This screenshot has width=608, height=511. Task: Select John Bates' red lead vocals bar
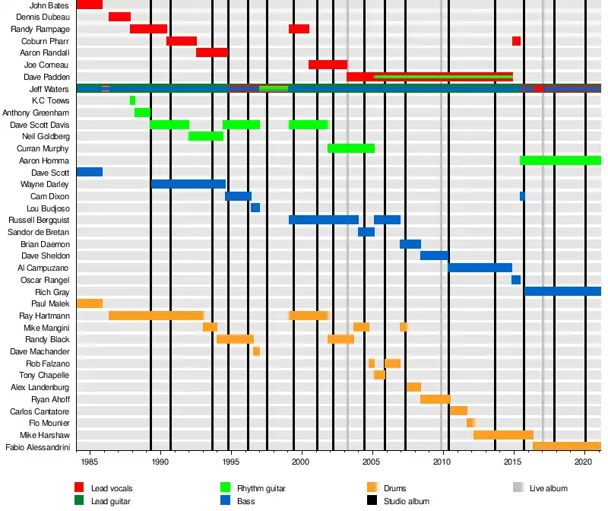click(x=90, y=5)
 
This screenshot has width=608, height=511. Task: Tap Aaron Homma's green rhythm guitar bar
click(x=560, y=160)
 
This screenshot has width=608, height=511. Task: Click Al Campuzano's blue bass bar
click(x=480, y=268)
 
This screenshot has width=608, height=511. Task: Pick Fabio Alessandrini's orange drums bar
click(x=566, y=446)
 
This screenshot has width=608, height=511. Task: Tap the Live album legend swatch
click(x=518, y=488)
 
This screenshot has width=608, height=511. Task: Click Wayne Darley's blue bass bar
click(x=188, y=184)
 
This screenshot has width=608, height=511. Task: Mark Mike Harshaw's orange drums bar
click(x=503, y=435)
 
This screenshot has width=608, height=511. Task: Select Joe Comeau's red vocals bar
click(x=328, y=65)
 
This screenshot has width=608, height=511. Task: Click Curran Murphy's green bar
click(x=350, y=148)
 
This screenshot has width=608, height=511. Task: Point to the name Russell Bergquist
click(x=39, y=220)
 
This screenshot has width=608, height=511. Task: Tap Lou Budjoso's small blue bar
click(x=255, y=208)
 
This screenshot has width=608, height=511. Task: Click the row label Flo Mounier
click(x=50, y=423)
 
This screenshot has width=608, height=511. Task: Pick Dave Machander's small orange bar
click(x=256, y=351)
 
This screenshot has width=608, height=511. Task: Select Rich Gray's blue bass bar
click(x=562, y=291)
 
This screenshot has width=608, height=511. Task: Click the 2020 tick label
click(x=583, y=462)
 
